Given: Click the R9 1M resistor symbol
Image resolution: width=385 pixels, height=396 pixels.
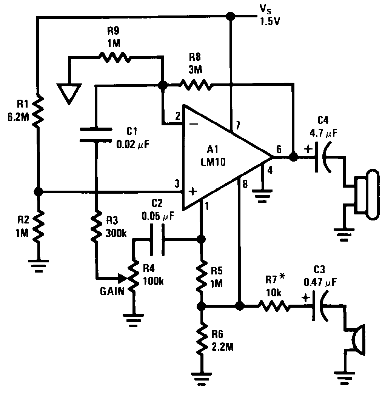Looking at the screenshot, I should click(115, 57).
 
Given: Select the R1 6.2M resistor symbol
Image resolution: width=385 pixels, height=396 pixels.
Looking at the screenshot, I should click(38, 111).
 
